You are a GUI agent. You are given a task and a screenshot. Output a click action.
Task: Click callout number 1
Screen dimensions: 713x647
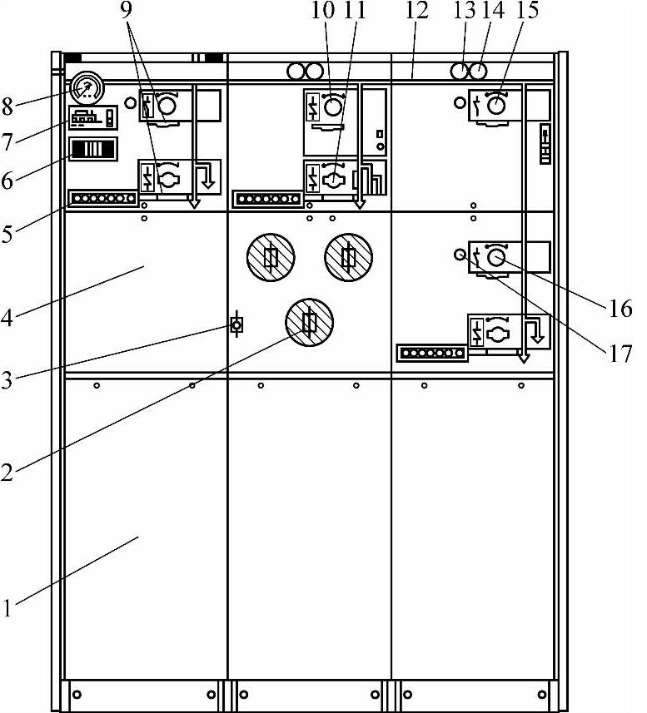7,610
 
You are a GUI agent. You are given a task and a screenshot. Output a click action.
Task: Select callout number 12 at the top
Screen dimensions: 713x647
417,12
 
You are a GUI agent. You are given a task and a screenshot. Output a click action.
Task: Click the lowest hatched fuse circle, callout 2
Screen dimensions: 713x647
309,322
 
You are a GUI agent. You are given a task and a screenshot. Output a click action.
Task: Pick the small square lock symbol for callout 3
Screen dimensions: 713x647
236,325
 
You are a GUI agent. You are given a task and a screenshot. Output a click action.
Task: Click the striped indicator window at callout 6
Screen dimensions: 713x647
92,150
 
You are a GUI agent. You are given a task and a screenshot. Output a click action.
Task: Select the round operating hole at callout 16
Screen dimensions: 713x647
497,257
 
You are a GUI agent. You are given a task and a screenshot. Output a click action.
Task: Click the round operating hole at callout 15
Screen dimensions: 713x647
497,106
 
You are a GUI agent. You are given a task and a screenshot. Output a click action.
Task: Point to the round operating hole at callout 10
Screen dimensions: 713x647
332,106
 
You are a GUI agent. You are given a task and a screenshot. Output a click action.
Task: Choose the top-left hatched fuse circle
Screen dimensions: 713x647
271,257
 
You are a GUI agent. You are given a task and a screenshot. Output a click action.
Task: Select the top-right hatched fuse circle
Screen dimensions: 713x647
349,257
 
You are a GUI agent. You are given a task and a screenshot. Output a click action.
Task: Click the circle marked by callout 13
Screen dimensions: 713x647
460,71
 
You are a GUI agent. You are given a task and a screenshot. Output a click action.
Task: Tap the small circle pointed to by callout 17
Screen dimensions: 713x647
458,254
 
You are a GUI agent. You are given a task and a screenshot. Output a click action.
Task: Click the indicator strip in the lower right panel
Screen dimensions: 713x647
431,353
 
